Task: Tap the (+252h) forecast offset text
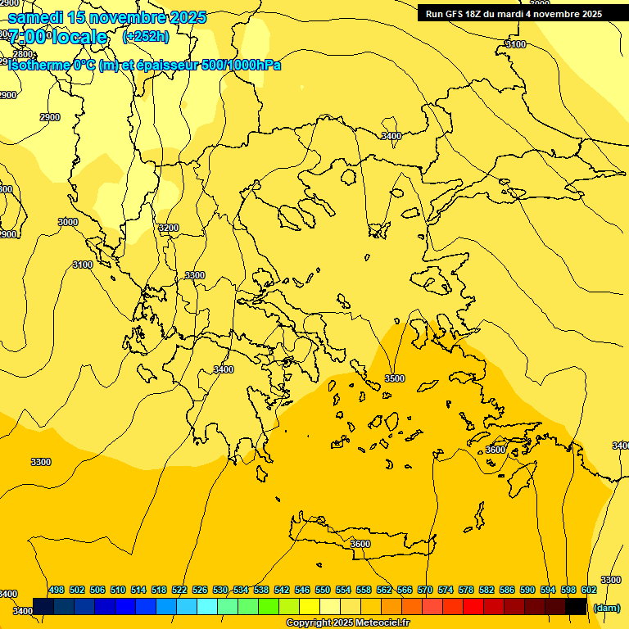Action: [x=145, y=36]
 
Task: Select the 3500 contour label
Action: [x=395, y=378]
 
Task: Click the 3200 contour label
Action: [x=168, y=228]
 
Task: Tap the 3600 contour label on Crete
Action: [x=360, y=544]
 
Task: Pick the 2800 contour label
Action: [x=23, y=54]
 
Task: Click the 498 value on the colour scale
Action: [x=57, y=590]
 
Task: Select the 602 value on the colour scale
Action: [x=589, y=590]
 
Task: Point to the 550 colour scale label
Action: [x=323, y=590]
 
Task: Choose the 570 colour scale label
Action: [x=425, y=590]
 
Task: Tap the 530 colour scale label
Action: [x=220, y=590]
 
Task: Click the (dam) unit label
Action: [x=607, y=607]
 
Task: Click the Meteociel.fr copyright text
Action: [x=347, y=623]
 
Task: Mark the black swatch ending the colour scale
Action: [x=576, y=606]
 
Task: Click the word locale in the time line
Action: [x=78, y=37]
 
